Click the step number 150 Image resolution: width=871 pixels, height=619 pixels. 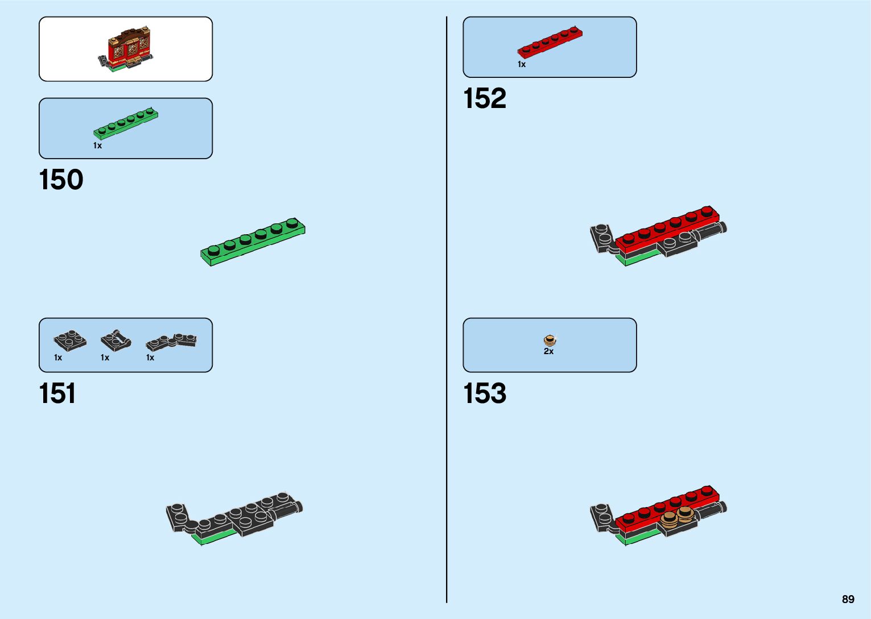click(61, 180)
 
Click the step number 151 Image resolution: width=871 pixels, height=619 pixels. click(57, 393)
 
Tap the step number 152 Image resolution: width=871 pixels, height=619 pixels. click(485, 98)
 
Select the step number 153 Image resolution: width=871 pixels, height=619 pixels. click(485, 393)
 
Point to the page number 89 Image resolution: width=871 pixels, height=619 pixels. click(848, 599)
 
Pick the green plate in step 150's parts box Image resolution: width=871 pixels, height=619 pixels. click(126, 123)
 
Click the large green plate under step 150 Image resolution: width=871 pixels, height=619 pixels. click(253, 242)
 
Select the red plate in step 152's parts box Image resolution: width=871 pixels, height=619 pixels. click(550, 43)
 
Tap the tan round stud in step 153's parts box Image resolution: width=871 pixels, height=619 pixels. click(550, 340)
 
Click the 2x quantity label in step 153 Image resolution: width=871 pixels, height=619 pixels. click(548, 352)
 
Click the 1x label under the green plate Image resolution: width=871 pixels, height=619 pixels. click(98, 146)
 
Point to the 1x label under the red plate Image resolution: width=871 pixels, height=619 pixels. click(522, 65)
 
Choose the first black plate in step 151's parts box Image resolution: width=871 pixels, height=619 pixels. click(70, 340)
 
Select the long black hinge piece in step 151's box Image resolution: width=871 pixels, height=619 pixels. click(171, 341)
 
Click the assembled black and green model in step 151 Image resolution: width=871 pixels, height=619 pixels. click(234, 518)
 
